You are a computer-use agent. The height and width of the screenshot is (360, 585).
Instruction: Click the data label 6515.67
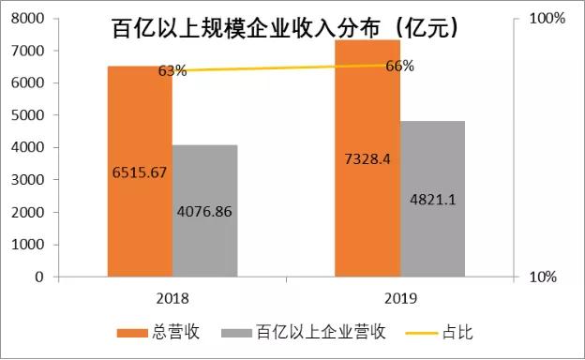[x=138, y=172]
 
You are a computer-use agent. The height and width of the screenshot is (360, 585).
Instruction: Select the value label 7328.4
[x=367, y=157]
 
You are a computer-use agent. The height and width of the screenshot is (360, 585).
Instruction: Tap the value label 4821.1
[x=433, y=199]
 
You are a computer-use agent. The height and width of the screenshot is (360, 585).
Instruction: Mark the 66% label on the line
[x=400, y=66]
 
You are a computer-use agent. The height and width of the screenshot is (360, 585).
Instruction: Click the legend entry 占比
[x=470, y=331]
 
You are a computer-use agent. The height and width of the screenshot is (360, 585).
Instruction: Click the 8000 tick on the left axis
[x=29, y=19]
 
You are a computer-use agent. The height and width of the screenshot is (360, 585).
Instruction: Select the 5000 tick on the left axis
[x=29, y=115]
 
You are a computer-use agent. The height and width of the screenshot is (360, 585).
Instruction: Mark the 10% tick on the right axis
[x=544, y=277]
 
